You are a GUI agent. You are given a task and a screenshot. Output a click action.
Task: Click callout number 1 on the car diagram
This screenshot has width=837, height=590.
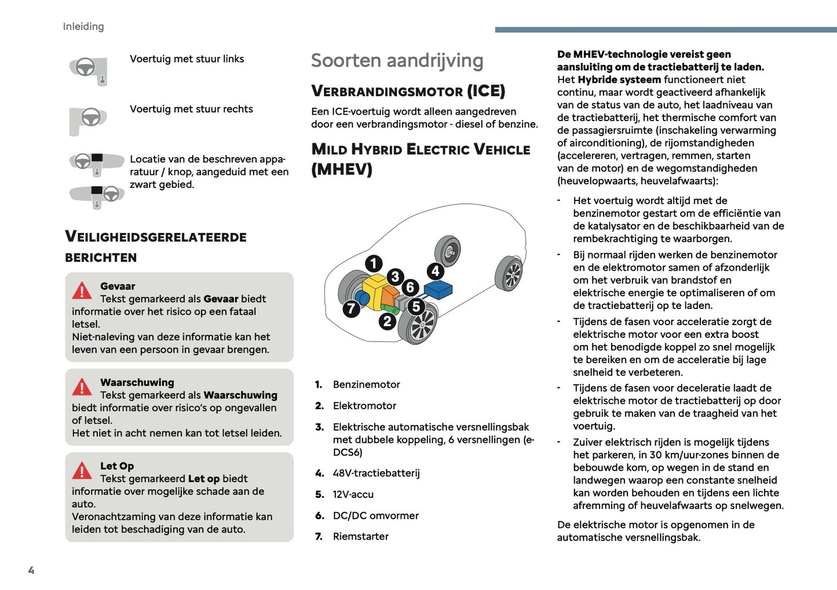(x=374, y=264)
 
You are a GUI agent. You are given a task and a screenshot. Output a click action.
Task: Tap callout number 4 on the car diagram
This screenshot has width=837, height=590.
(x=436, y=271)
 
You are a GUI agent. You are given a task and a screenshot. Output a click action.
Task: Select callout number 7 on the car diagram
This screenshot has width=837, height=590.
(x=351, y=309)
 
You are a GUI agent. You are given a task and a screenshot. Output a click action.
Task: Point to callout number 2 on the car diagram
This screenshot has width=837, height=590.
(x=388, y=321)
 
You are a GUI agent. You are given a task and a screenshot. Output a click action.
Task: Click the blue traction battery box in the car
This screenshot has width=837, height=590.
(x=438, y=289)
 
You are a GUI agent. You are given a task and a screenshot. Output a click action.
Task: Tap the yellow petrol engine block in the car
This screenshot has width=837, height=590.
(x=375, y=288)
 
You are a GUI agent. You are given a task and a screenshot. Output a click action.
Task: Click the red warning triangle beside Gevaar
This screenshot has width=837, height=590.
(x=82, y=290)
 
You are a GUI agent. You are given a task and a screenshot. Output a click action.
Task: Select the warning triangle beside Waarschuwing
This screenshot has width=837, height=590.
(x=82, y=387)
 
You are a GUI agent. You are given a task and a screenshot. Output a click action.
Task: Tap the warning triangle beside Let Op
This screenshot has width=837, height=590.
(x=82, y=471)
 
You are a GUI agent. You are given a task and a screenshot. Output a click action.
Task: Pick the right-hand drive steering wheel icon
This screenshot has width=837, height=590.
(x=88, y=119)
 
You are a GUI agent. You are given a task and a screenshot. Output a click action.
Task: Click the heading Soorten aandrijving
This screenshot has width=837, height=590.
(x=397, y=61)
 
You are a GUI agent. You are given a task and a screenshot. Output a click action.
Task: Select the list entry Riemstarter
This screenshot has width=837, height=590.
(x=360, y=537)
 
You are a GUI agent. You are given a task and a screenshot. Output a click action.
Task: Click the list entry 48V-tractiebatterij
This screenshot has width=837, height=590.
(x=376, y=474)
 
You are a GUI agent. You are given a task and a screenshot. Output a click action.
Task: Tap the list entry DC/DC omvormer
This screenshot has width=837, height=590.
(x=375, y=516)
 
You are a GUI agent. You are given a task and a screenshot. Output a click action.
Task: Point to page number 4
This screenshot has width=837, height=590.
(x=31, y=570)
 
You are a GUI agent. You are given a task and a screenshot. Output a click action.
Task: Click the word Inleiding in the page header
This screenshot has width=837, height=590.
(x=83, y=27)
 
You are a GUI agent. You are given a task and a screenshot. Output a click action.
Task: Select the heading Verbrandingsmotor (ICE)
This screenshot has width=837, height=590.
(x=408, y=91)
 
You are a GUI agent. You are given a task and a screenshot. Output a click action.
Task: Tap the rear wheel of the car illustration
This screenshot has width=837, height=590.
(x=510, y=274)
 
